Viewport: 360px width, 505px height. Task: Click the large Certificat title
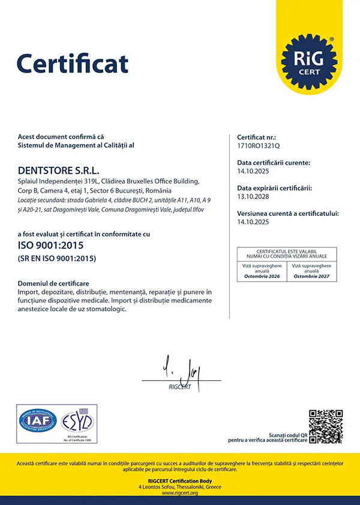point(73,62)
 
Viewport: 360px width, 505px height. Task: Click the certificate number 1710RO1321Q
point(259,146)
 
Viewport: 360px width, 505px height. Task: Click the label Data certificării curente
point(274,163)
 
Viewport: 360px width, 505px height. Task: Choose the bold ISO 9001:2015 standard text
point(50,245)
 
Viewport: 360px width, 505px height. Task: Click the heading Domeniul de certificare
point(53,282)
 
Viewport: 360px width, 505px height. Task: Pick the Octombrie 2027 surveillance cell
point(312,270)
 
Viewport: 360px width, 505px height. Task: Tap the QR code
point(326,426)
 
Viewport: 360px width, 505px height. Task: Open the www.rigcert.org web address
point(180,493)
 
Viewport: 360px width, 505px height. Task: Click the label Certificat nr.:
point(256,137)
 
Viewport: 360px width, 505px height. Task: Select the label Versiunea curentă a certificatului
point(288,214)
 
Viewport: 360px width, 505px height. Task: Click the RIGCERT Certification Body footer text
point(180,481)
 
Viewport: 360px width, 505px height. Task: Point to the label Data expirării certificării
point(274,188)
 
